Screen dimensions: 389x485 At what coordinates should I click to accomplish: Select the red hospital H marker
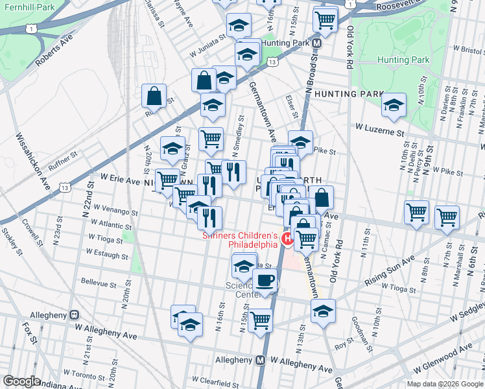(x=288, y=241)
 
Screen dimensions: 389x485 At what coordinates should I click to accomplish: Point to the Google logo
(x=21, y=381)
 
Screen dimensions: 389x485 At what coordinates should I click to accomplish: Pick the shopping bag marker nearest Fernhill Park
(x=154, y=96)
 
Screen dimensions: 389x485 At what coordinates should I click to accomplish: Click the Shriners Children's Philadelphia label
(x=241, y=241)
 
